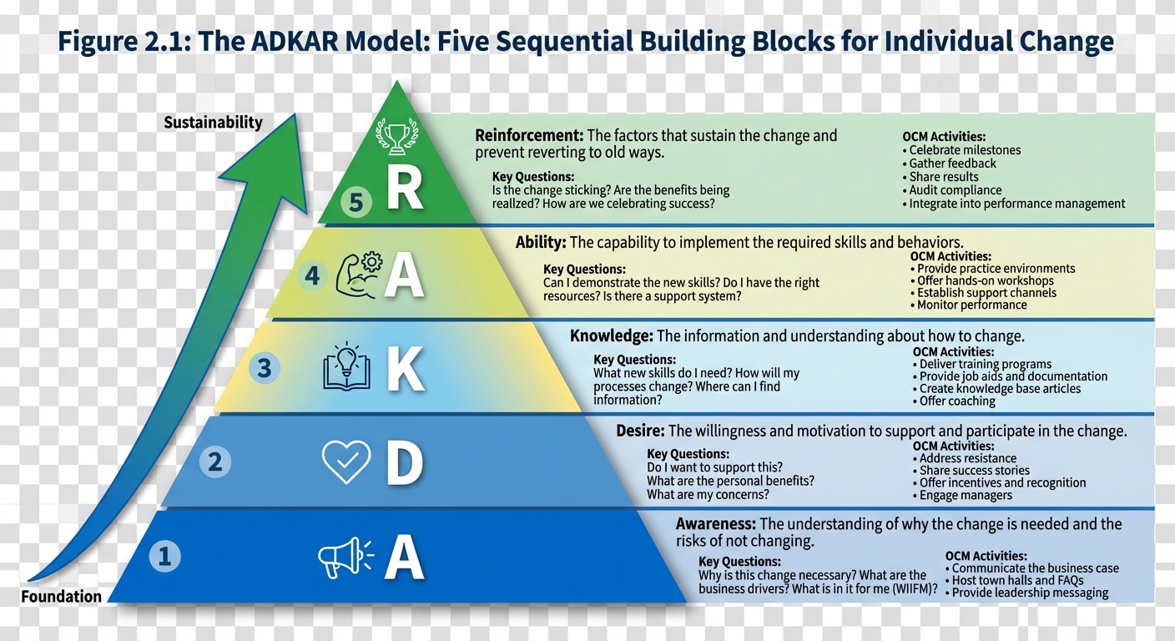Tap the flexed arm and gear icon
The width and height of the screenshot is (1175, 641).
(x=359, y=275)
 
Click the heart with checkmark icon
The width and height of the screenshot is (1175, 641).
(x=346, y=462)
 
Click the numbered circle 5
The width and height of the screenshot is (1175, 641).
(x=356, y=203)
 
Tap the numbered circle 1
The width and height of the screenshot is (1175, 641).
(x=164, y=556)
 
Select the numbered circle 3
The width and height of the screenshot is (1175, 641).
(x=265, y=368)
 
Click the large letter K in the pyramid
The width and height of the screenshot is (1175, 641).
(x=406, y=370)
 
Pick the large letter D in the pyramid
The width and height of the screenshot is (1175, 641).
(x=404, y=464)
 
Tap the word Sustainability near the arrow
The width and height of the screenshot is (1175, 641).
(x=213, y=123)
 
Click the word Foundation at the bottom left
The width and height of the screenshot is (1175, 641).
(x=61, y=596)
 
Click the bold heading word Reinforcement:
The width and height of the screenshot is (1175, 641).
(x=528, y=135)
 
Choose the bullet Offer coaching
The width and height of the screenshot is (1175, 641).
(x=957, y=401)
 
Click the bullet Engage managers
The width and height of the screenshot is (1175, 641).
(x=966, y=495)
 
